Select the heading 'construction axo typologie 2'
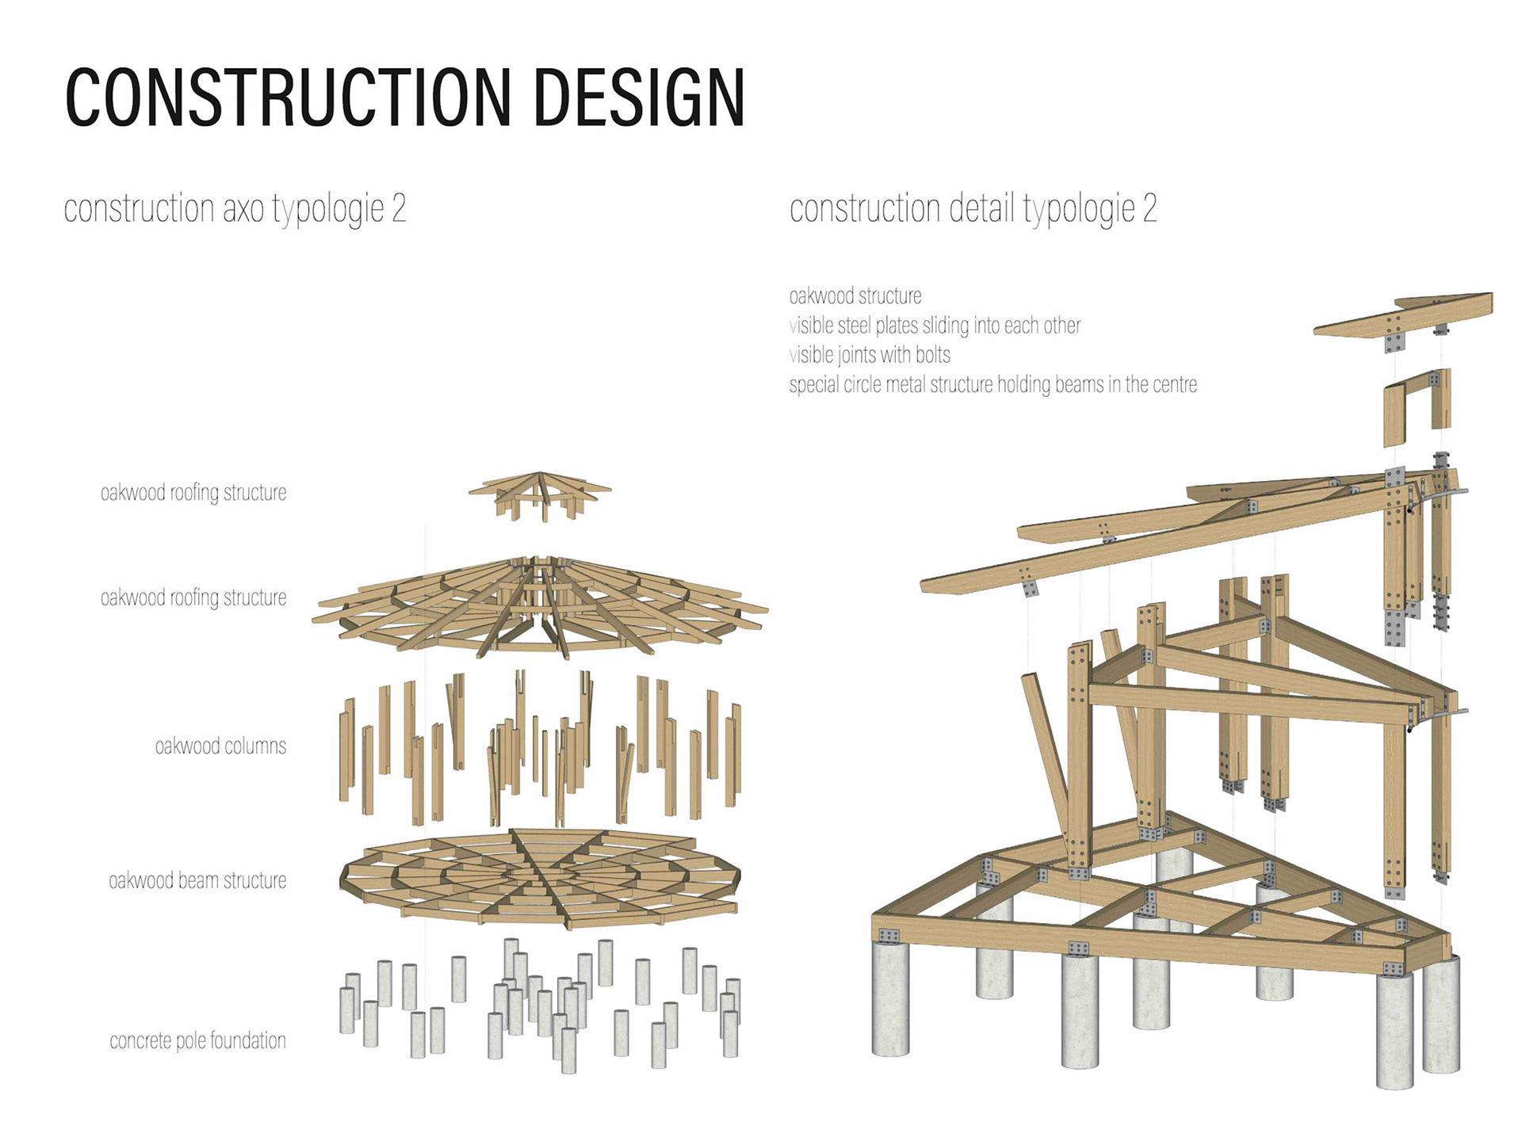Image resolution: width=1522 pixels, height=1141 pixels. pyautogui.click(x=235, y=208)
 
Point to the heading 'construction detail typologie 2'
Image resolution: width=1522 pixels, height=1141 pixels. pyautogui.click(x=973, y=208)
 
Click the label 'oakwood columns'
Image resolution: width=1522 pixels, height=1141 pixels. pyautogui.click(x=220, y=746)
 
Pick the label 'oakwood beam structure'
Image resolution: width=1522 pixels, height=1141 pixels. pyautogui.click(x=197, y=880)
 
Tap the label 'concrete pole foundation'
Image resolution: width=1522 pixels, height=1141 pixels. pyautogui.click(x=197, y=1040)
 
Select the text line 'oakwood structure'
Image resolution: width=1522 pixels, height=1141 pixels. pyautogui.click(x=855, y=296)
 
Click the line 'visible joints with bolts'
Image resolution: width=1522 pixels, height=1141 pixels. pyautogui.click(x=870, y=355)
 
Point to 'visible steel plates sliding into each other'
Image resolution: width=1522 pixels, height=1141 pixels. pyautogui.click(x=935, y=326)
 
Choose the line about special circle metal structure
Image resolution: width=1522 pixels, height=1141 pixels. pyautogui.click(x=992, y=385)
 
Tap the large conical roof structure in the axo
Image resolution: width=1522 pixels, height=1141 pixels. pyautogui.click(x=539, y=606)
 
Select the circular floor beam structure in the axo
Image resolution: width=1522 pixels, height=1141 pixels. pyautogui.click(x=539, y=876)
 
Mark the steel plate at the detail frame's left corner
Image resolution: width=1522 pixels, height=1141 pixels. pyautogui.click(x=889, y=936)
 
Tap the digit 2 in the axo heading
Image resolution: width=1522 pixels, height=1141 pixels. pyautogui.click(x=399, y=208)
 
